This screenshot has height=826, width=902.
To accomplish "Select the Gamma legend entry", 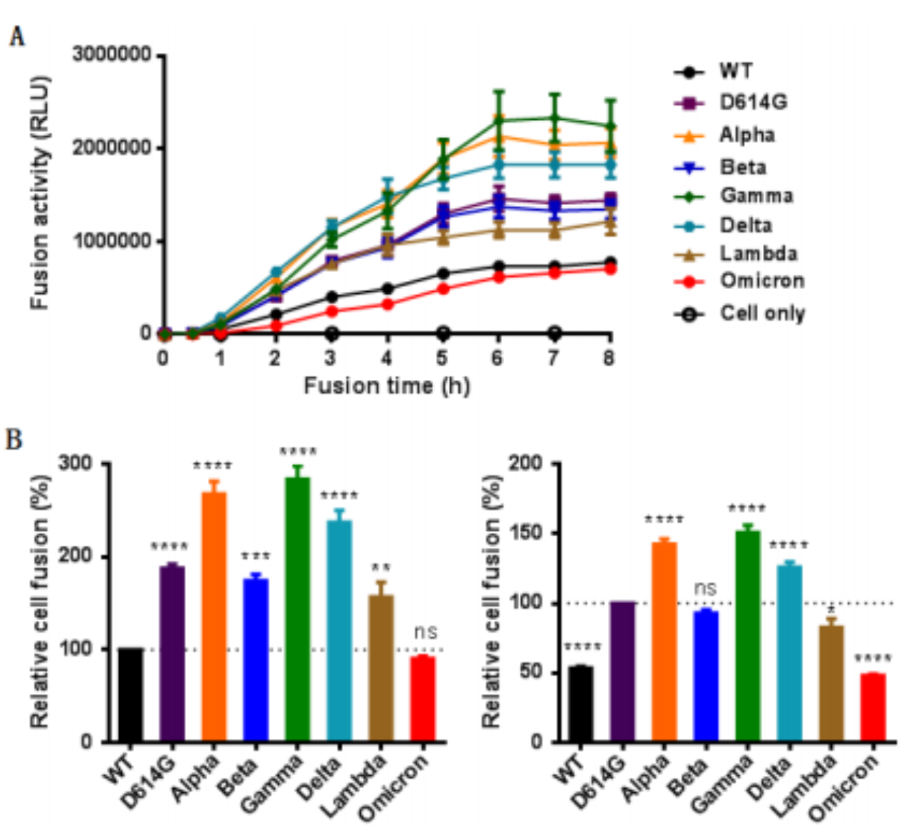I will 756,195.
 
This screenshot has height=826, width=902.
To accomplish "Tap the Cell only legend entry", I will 762,314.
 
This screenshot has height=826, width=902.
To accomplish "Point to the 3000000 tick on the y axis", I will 112,55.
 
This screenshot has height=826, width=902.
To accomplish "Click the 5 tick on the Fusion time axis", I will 442,358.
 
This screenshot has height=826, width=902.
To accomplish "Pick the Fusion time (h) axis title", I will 387,385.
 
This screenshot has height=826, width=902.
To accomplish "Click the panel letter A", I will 17,36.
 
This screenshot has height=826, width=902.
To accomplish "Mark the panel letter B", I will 14,439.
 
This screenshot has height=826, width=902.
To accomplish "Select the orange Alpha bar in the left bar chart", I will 213,616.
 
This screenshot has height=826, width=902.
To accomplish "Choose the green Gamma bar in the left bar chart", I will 297,609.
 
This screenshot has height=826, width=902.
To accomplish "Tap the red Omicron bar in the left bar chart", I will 422,699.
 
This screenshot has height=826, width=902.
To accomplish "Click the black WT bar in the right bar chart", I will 580,703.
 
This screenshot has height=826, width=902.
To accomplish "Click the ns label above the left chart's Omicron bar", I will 426,632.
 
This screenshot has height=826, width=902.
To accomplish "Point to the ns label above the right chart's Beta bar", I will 705,589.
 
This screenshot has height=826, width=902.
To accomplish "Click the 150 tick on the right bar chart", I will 526,533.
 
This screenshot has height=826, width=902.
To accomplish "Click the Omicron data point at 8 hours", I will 609,268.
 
